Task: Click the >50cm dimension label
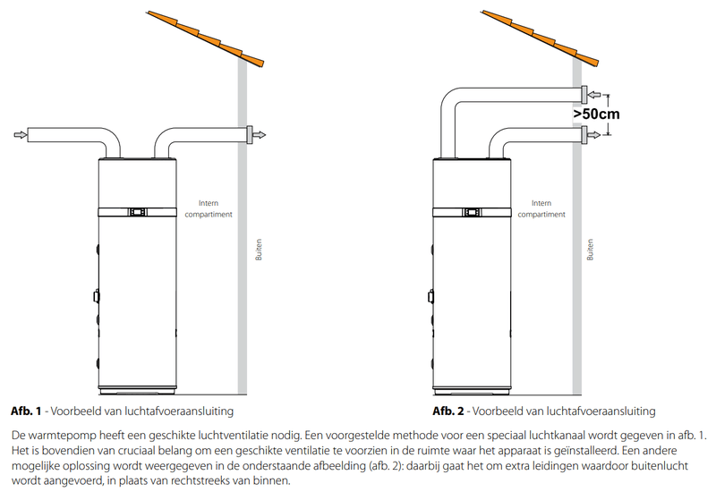click(x=596, y=114)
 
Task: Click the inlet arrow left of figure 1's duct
click(x=20, y=135)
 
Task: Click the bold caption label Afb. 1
click(x=27, y=411)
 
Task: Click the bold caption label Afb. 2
click(x=447, y=411)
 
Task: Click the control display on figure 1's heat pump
click(x=138, y=212)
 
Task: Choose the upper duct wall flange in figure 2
click(x=584, y=94)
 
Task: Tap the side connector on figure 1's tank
click(x=96, y=296)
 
